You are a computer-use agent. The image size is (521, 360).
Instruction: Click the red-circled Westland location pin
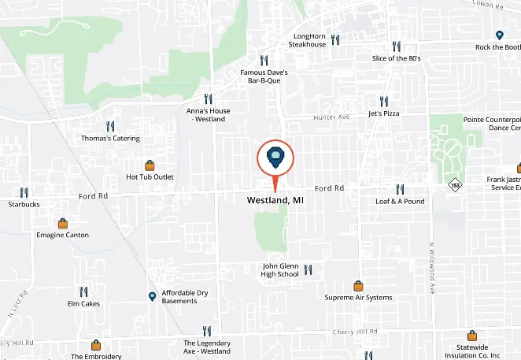pyautogui.click(x=275, y=158)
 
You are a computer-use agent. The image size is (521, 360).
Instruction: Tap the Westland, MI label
pyautogui.click(x=275, y=201)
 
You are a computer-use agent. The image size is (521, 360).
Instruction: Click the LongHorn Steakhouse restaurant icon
pyautogui.click(x=335, y=39)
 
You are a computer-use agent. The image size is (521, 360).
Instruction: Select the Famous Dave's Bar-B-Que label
pyautogui.click(x=264, y=76)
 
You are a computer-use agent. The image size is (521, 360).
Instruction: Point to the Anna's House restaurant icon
pyautogui.click(x=208, y=99)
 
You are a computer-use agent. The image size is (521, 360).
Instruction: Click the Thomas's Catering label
pyautogui.click(x=110, y=139)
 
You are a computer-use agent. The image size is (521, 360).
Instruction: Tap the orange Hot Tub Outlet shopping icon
pyautogui.click(x=150, y=165)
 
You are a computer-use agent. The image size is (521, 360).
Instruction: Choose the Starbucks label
pyautogui.click(x=24, y=204)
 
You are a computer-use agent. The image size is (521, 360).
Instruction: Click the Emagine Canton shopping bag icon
pyautogui.click(x=62, y=223)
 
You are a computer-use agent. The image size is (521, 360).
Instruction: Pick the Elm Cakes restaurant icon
pyautogui.click(x=83, y=291)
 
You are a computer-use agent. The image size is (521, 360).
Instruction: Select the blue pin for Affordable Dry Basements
pyautogui.click(x=152, y=296)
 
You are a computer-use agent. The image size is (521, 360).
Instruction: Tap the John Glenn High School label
pyautogui.click(x=280, y=270)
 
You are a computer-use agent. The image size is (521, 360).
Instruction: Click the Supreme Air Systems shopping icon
pyautogui.click(x=358, y=286)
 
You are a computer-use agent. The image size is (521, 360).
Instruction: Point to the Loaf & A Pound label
pyautogui.click(x=399, y=201)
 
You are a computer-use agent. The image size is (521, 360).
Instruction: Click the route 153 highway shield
pyautogui.click(x=455, y=185)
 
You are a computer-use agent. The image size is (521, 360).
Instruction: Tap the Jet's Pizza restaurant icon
pyautogui.click(x=383, y=101)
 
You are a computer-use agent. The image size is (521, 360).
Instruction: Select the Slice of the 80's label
pyautogui.click(x=396, y=58)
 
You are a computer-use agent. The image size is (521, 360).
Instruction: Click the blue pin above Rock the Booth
pyautogui.click(x=499, y=35)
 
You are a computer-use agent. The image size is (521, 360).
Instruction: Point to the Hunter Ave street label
pyautogui.click(x=331, y=117)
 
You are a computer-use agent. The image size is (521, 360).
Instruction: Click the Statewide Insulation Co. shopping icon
pyautogui.click(x=471, y=335)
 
